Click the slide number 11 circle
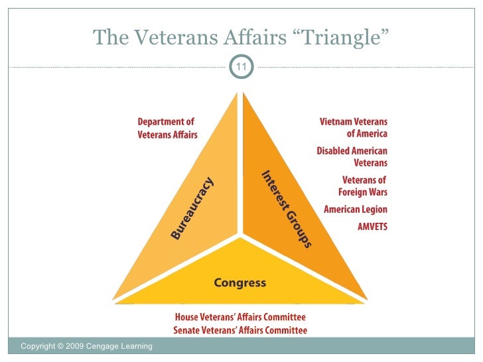pos(241,67)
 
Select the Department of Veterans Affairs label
pos(167,129)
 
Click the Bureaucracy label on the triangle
pos(192,208)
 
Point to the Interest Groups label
pos(286,210)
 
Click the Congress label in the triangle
pos(240,283)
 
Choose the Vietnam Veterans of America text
pos(353,128)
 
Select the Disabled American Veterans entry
pos(352,156)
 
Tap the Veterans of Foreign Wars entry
pos(363,186)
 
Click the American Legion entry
pos(355,210)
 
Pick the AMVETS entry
pos(372,227)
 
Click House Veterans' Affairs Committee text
pos(240,318)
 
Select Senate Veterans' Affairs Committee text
pos(240,330)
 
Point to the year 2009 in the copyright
pos(67,346)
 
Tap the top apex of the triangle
pos(240,93)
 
